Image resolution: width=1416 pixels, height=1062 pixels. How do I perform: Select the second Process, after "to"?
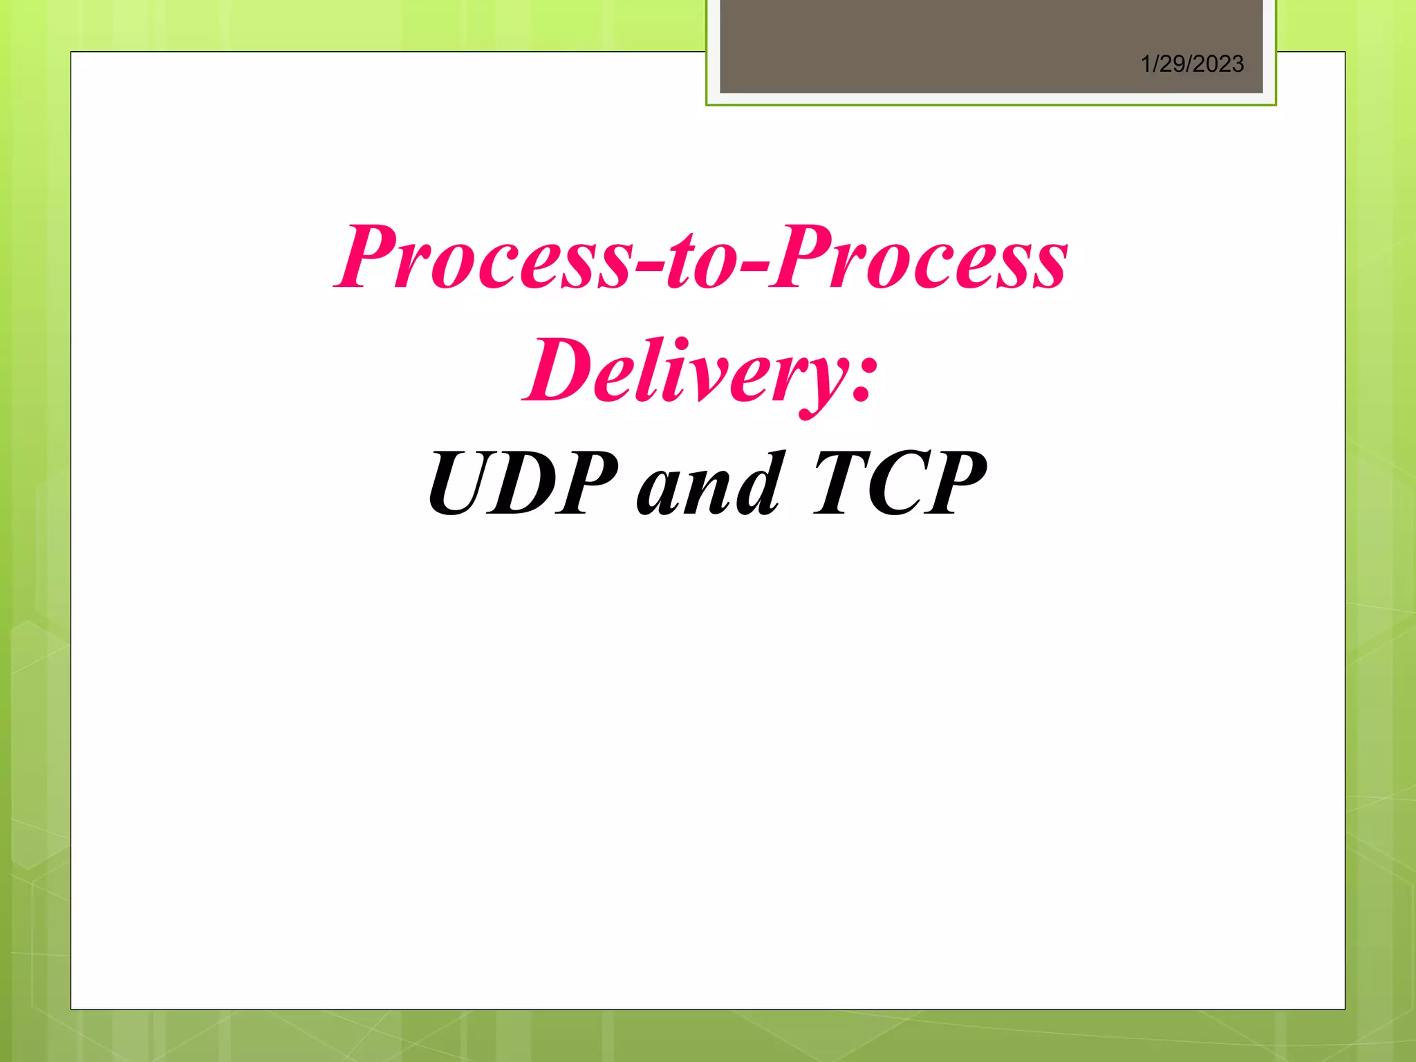click(x=920, y=257)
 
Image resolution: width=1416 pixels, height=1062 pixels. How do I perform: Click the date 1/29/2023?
click(x=1192, y=64)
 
